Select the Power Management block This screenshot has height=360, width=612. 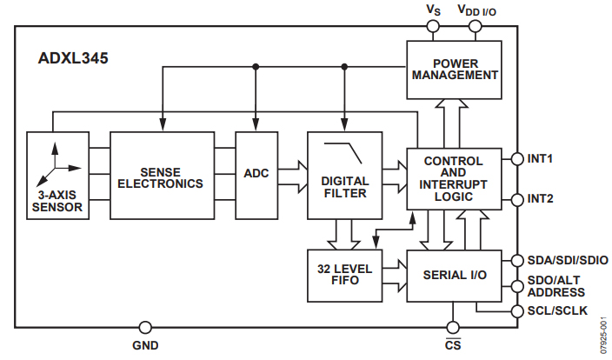tap(455, 69)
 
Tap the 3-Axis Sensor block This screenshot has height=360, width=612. tap(58, 175)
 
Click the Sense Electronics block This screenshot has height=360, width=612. tap(161, 175)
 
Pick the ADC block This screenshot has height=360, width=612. tap(256, 174)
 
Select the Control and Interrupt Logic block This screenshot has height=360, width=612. tap(454, 178)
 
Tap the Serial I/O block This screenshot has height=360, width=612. tap(454, 274)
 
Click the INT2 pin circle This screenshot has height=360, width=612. tap(517, 198)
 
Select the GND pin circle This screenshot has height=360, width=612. tap(145, 328)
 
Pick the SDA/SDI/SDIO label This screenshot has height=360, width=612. tap(562, 260)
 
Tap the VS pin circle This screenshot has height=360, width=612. tap(432, 26)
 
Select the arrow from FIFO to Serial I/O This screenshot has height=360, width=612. tap(393, 274)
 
